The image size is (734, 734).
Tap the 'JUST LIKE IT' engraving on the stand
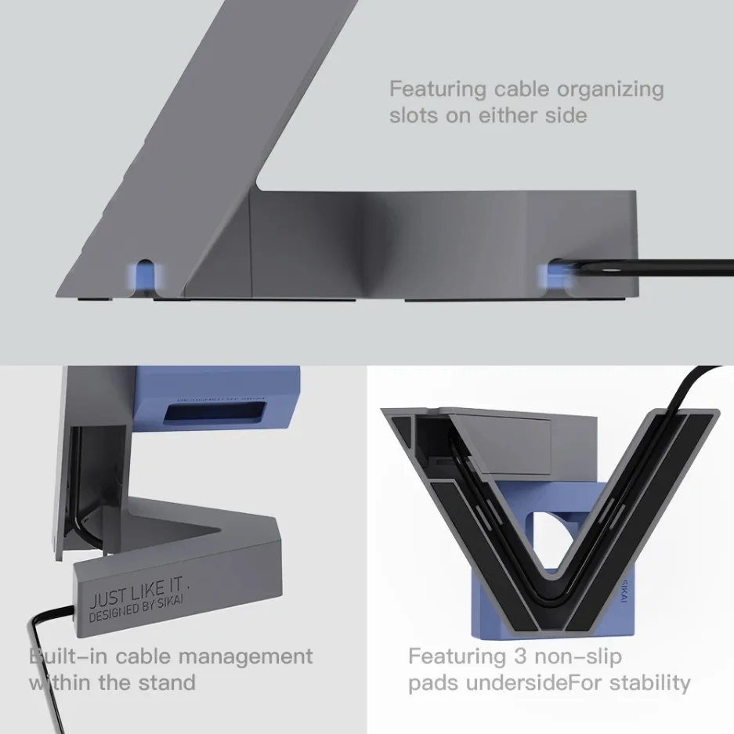[136, 592]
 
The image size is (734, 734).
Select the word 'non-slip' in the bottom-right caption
[577, 656]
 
